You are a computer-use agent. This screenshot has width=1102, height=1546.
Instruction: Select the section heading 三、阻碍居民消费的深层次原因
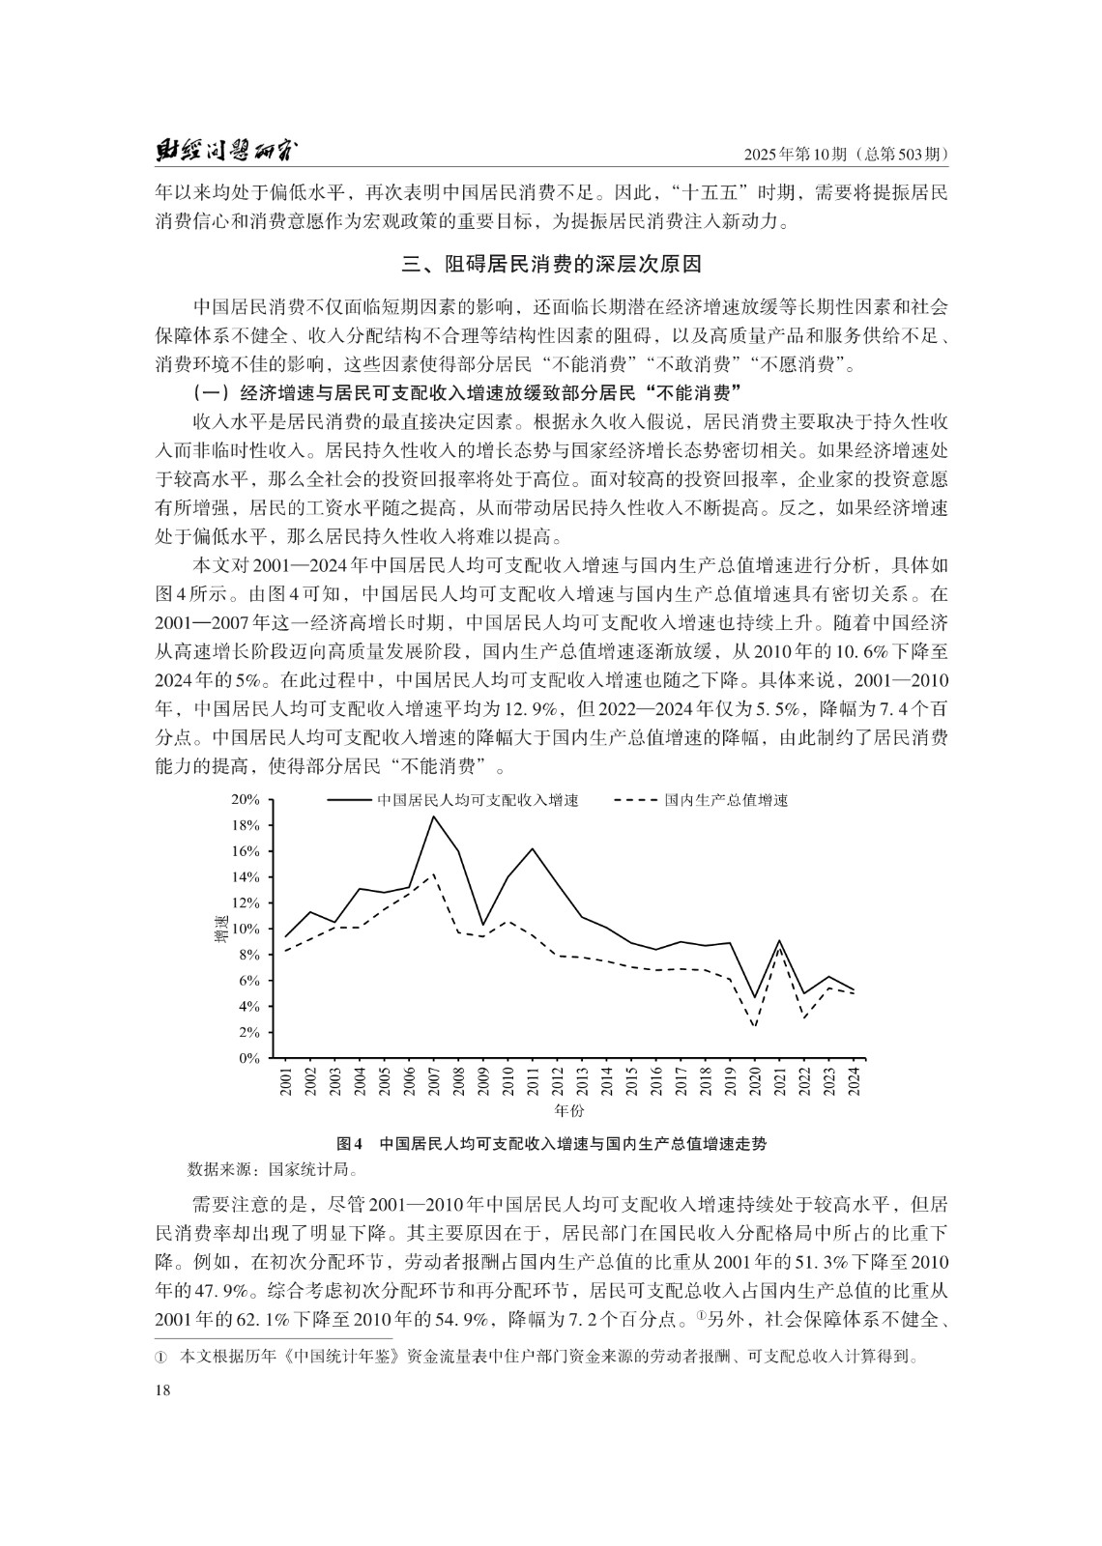tap(550, 264)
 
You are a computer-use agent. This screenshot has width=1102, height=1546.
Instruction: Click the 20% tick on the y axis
tap(246, 800)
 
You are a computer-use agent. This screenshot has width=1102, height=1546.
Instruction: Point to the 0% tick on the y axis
tap(249, 1058)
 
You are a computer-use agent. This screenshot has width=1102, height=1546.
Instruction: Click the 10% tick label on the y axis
tap(246, 929)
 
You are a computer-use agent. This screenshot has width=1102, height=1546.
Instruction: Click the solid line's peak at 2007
tap(433, 816)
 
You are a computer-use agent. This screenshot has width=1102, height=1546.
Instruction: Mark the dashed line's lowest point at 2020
tap(754, 1027)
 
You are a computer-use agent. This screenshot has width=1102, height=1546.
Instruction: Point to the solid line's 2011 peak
tap(533, 848)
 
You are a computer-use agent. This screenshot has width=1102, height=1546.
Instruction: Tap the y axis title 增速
tap(221, 929)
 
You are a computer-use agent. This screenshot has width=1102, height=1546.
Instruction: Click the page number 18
tap(162, 1389)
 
